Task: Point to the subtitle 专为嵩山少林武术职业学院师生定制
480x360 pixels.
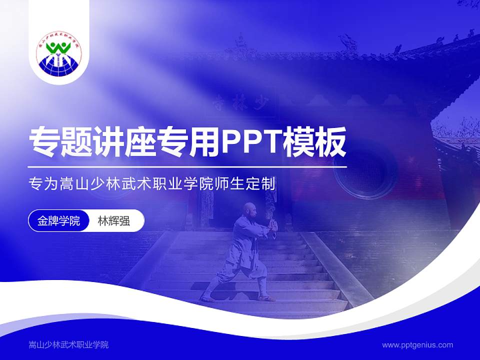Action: point(152,183)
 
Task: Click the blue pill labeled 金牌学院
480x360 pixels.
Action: point(58,220)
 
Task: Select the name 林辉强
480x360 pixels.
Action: point(114,220)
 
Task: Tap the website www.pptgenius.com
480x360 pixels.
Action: point(417,345)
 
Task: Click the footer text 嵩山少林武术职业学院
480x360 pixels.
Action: point(68,345)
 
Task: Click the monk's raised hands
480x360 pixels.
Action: point(273,225)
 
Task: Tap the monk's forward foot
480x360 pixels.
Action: point(266,298)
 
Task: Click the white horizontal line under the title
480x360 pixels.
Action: point(187,167)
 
